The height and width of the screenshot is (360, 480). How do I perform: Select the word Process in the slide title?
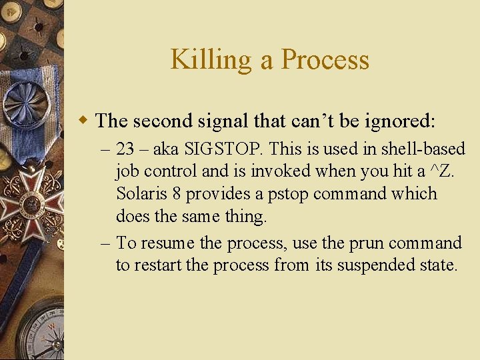click(x=325, y=60)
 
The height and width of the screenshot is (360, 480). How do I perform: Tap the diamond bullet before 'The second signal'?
click(x=83, y=121)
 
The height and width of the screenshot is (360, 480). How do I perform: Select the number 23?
click(x=125, y=148)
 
